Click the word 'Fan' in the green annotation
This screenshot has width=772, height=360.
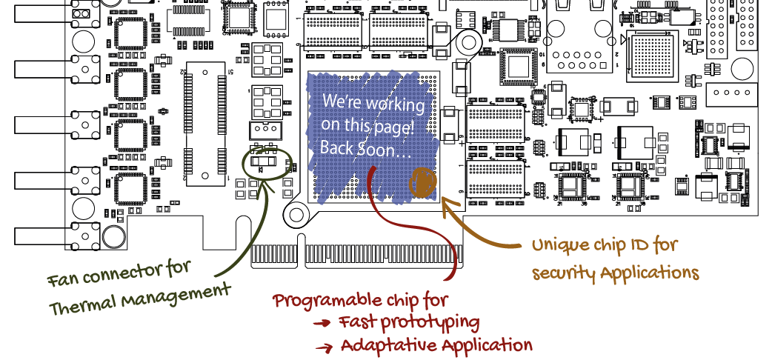click(x=63, y=279)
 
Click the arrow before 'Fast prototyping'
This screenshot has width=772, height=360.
click(x=322, y=324)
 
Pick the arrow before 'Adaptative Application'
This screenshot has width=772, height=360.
click(x=322, y=347)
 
